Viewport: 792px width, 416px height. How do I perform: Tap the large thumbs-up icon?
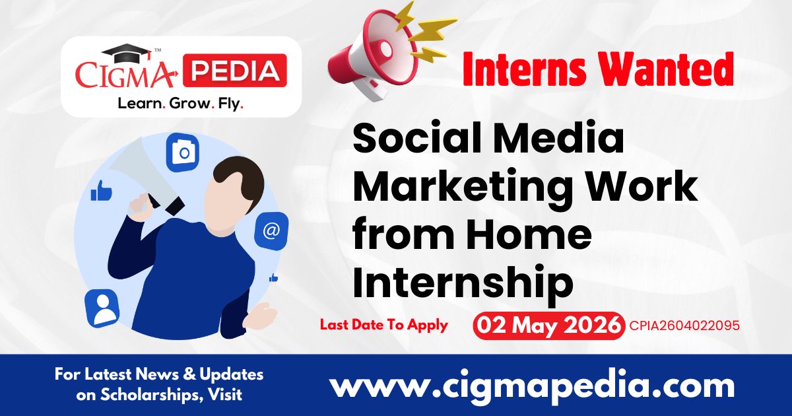102,192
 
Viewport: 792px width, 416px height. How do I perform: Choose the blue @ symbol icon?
271,230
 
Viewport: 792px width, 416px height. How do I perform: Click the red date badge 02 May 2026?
548,326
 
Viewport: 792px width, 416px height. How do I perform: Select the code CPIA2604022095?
684,326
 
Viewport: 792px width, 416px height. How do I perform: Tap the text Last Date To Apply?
384,325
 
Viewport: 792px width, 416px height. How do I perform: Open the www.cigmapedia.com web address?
532,385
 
